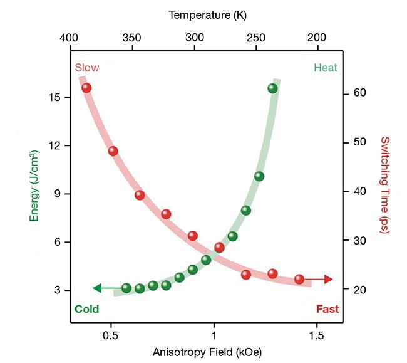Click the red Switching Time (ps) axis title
point(384,186)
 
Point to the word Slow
point(87,68)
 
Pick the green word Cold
point(87,308)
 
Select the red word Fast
point(327,308)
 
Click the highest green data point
point(272,88)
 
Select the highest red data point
point(86,88)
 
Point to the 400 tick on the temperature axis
point(70,37)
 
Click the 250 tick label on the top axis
point(256,37)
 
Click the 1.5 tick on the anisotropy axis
point(317,335)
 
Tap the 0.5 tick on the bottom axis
point(111,335)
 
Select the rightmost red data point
point(299,279)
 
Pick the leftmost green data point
point(126,288)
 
